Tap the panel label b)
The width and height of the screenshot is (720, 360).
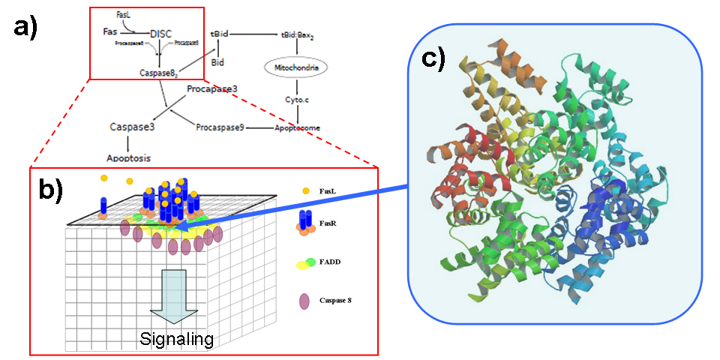[x=52, y=191]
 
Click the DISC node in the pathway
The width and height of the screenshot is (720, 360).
[x=162, y=33]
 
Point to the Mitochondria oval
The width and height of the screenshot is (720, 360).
[x=297, y=68]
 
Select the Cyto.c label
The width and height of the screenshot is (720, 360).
[x=297, y=99]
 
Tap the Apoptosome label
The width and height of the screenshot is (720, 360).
[x=298, y=127]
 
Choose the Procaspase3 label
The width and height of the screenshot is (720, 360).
[x=212, y=89]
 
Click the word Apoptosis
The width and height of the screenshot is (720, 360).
[x=127, y=158]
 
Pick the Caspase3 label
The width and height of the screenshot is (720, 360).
[x=132, y=127]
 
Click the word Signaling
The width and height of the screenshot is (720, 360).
[x=176, y=339]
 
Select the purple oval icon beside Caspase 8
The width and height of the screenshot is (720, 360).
[x=304, y=301]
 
